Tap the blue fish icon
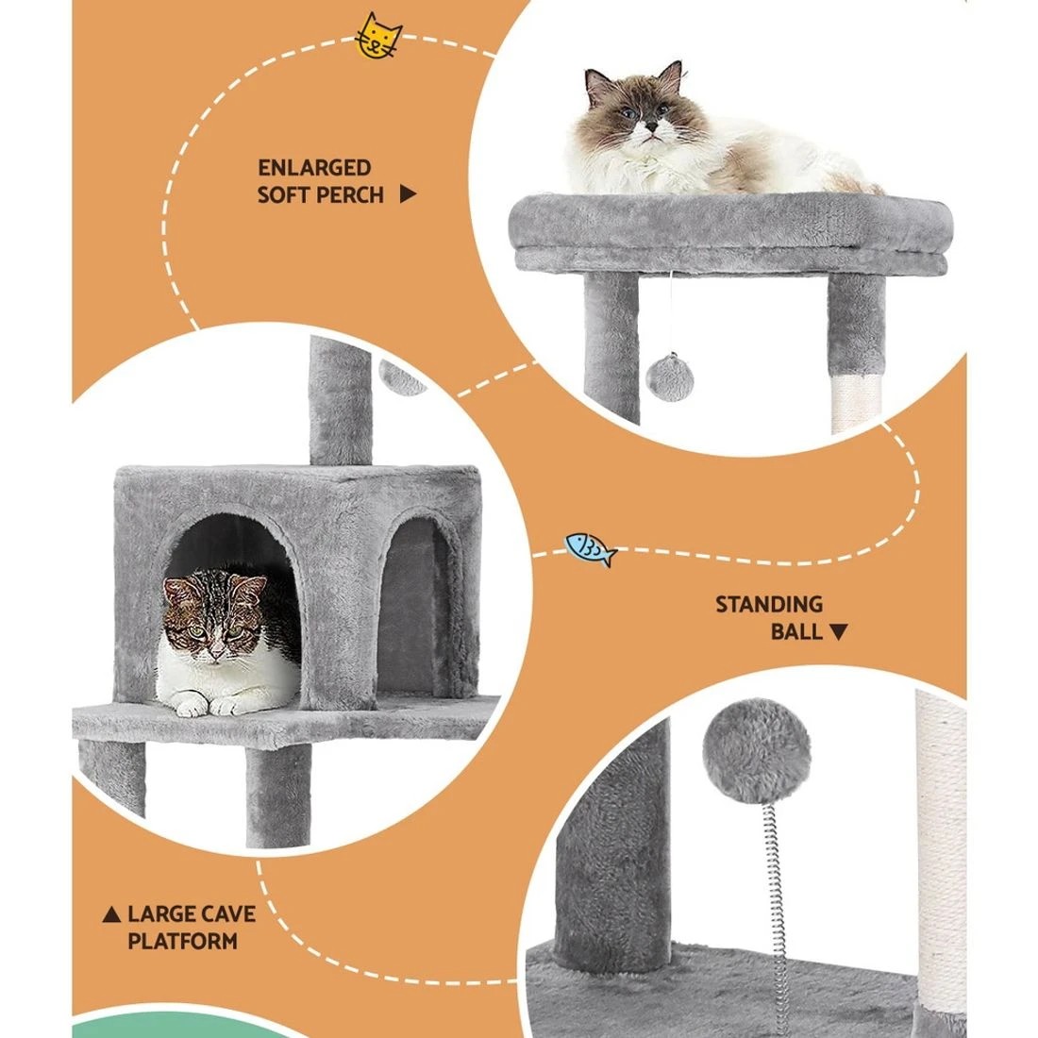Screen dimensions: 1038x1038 click(591, 548)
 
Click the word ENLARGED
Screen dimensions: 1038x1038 click(314, 168)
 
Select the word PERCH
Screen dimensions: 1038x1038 click(350, 195)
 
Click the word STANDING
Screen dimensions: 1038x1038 click(768, 604)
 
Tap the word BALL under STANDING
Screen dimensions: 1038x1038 click(796, 631)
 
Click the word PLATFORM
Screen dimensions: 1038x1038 click(183, 941)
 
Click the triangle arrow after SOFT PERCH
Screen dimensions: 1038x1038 click(408, 195)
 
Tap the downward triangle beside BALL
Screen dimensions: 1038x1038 click(838, 632)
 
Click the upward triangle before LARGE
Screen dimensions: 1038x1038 click(112, 914)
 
